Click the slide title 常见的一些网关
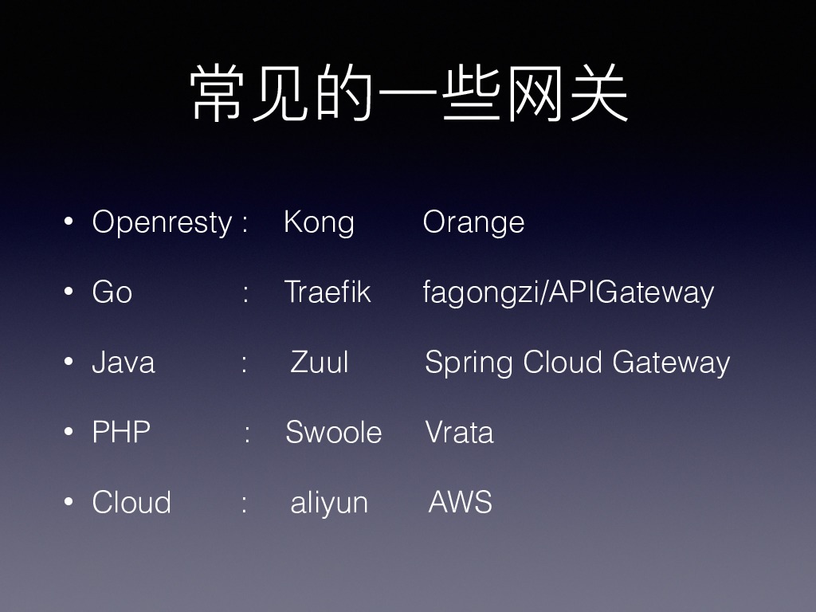pyautogui.click(x=409, y=94)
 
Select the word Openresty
pyautogui.click(x=162, y=224)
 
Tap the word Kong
pyautogui.click(x=319, y=224)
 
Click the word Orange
pyautogui.click(x=473, y=224)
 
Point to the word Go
pyautogui.click(x=112, y=292)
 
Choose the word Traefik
pyautogui.click(x=328, y=292)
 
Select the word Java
pyautogui.click(x=124, y=363)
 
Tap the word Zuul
pyautogui.click(x=319, y=362)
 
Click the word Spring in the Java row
pyautogui.click(x=469, y=363)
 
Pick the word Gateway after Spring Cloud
pyautogui.click(x=671, y=363)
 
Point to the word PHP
pyautogui.click(x=121, y=432)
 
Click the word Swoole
pyautogui.click(x=334, y=432)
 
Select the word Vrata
pyautogui.click(x=460, y=432)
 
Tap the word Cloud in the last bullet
pyautogui.click(x=131, y=502)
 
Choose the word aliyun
pyautogui.click(x=329, y=504)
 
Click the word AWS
pyautogui.click(x=461, y=502)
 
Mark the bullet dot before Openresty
pyautogui.click(x=69, y=222)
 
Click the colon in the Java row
pyautogui.click(x=244, y=363)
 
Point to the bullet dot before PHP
pyautogui.click(x=69, y=432)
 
